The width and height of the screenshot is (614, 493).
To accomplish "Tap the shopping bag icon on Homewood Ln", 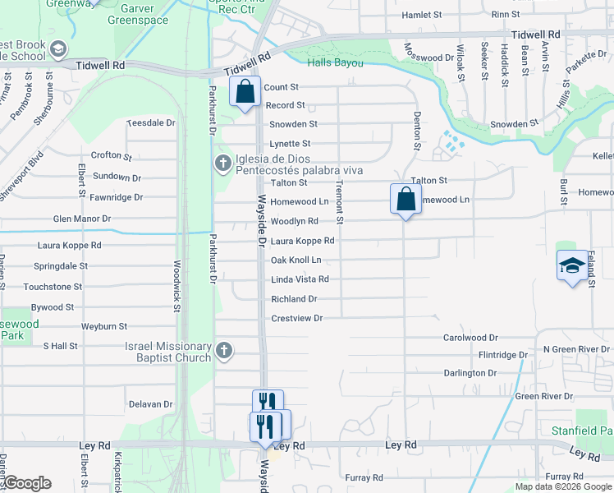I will click(406, 198).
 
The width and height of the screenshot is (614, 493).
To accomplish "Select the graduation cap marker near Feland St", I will click(572, 265).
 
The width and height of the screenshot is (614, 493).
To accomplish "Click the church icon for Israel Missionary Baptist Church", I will click(222, 352).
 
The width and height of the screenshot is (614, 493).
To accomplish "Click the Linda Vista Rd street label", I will click(300, 279).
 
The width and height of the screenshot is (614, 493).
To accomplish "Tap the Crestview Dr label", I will click(297, 318).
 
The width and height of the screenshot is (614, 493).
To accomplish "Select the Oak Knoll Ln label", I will click(296, 260).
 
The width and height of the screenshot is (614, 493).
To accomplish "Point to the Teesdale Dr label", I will click(151, 122).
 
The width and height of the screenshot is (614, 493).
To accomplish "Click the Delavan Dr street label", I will click(151, 404).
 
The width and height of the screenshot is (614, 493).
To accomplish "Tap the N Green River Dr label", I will click(578, 349).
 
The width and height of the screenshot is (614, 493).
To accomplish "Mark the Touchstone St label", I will click(53, 287).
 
